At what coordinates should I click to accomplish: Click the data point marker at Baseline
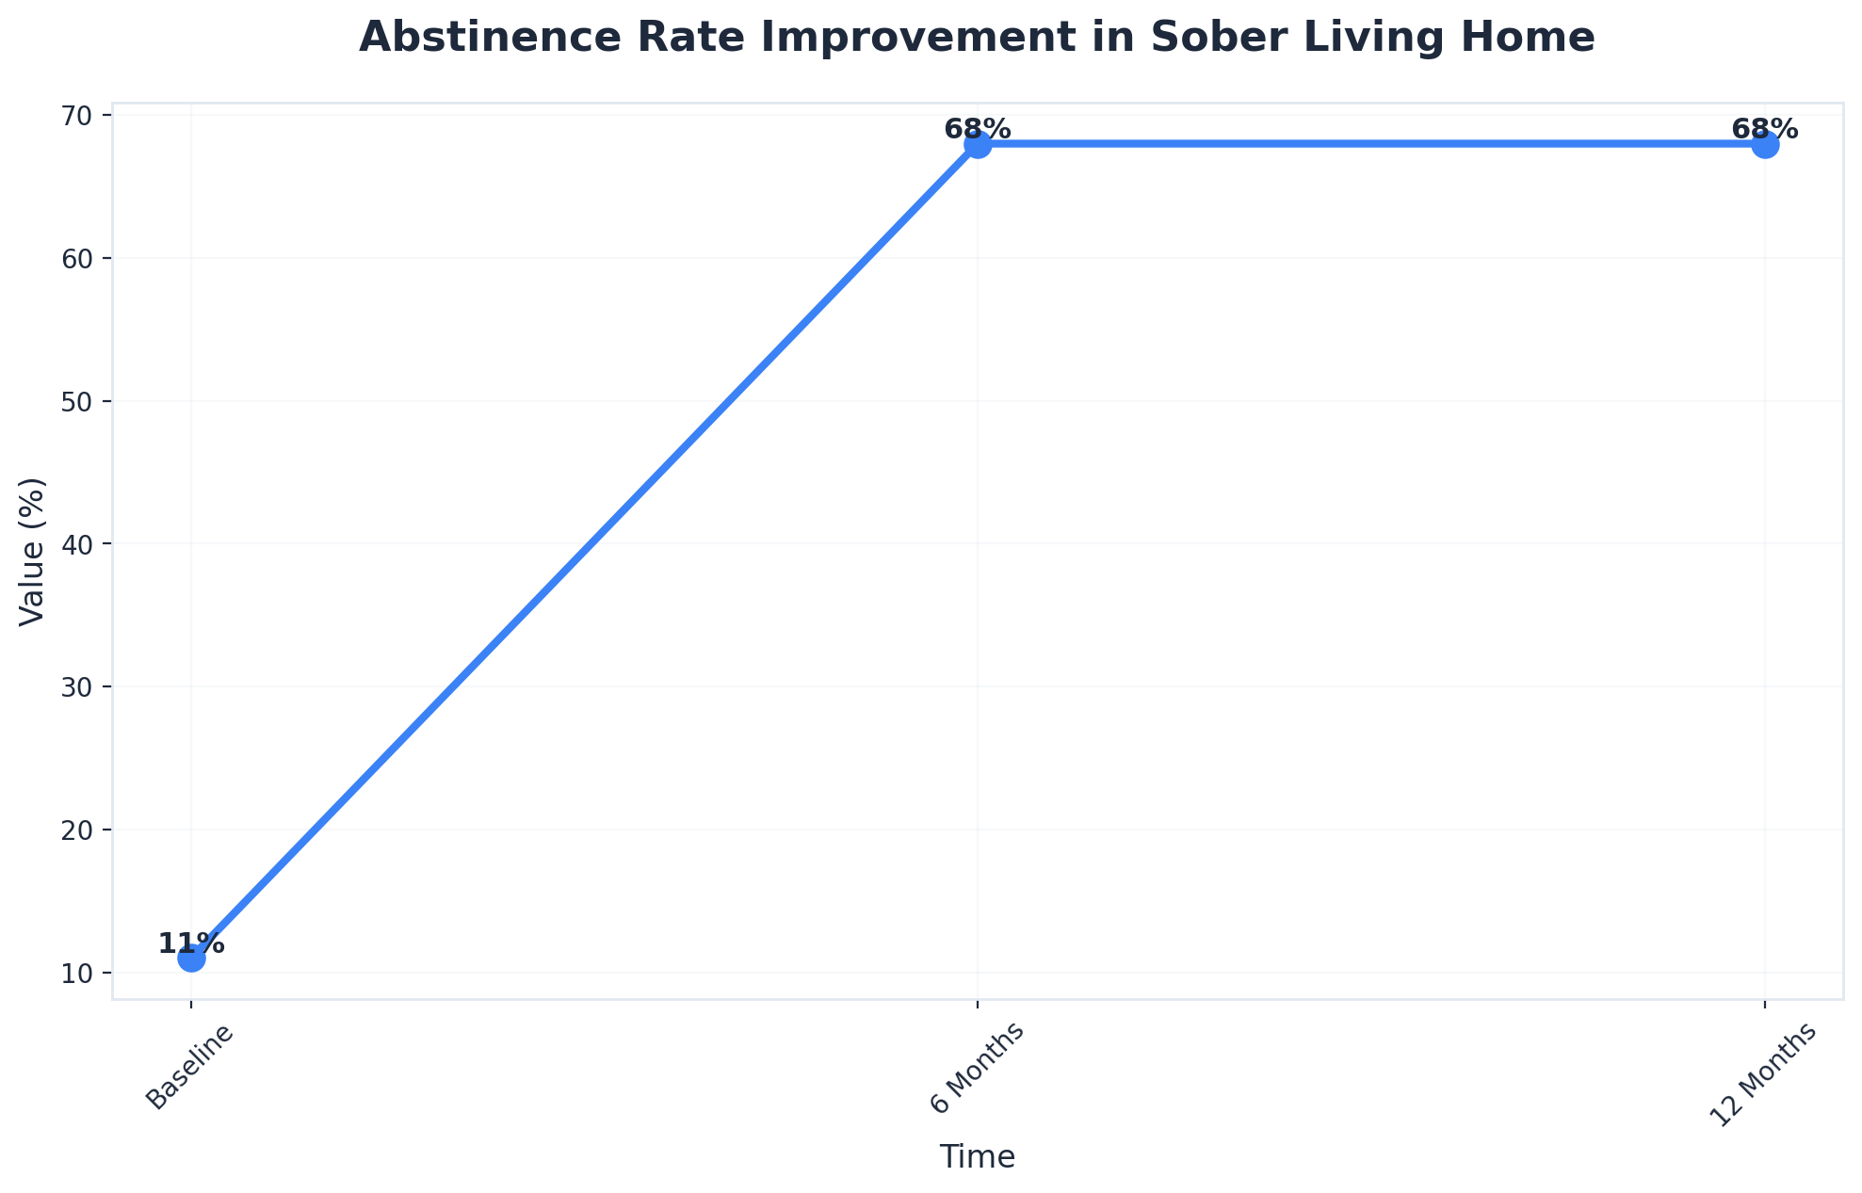point(191,959)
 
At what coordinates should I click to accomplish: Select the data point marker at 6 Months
point(978,145)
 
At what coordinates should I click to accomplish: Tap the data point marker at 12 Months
point(1765,145)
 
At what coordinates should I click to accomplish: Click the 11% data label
point(191,943)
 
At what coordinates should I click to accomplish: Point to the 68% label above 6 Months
point(978,129)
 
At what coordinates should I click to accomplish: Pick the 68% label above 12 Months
point(1765,129)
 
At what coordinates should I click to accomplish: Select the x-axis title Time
point(978,1157)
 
